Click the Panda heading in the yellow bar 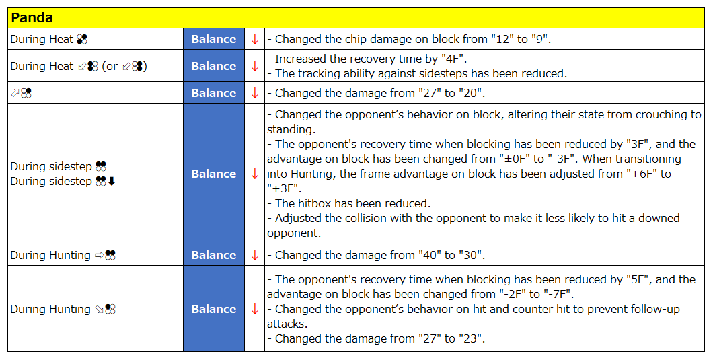click(32, 17)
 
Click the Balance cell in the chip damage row click(214, 39)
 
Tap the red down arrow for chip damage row click(255, 39)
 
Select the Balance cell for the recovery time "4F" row click(214, 66)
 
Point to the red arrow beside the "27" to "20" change click(255, 93)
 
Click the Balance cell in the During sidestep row click(214, 174)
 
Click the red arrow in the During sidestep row click(255, 174)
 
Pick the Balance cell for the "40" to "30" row click(214, 255)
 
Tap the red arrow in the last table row click(255, 309)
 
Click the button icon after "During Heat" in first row click(82, 40)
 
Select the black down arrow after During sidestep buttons click(112, 182)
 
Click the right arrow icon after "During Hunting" click(99, 256)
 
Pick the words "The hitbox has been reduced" click(352, 203)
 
